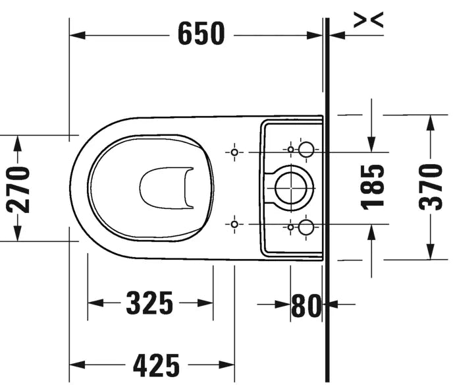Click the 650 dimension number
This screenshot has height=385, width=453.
point(201,34)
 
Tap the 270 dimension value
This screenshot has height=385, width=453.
point(18,189)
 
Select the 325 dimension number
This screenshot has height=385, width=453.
point(149,303)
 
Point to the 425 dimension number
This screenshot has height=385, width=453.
point(156,364)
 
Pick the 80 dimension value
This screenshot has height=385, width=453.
point(306,305)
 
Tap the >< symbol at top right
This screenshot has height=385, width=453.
point(367,20)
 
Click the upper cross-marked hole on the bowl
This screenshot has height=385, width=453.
point(234,152)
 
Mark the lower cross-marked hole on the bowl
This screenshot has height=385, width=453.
point(234,225)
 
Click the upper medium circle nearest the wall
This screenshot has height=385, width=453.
point(306,150)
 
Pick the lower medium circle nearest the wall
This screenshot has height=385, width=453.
point(306,228)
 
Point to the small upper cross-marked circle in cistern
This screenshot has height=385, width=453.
point(290,150)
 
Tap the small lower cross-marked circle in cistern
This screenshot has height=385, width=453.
point(290,227)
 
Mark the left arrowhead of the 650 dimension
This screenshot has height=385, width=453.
point(76,34)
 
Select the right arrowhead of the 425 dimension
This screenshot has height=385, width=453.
point(228,364)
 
